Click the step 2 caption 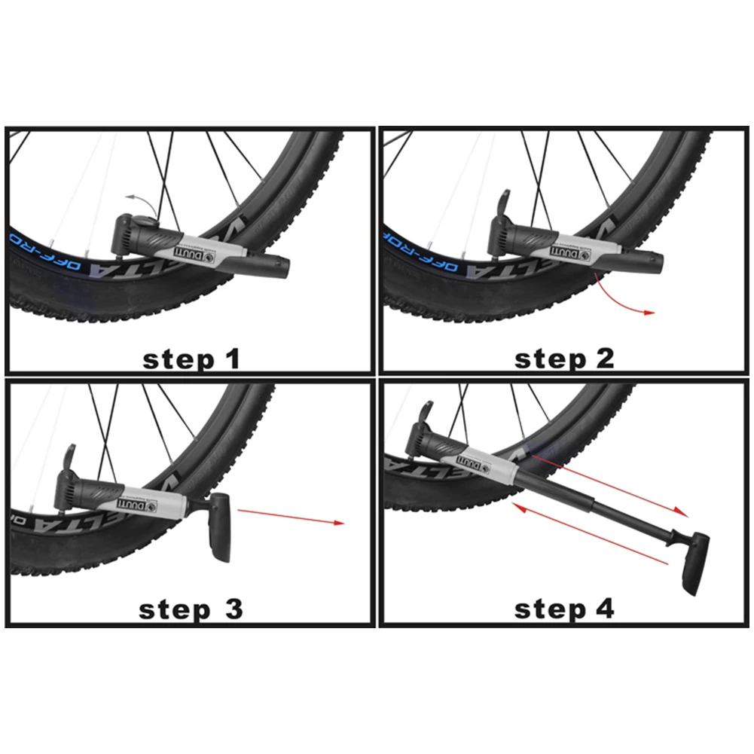click(564, 359)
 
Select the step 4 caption click(564, 609)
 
